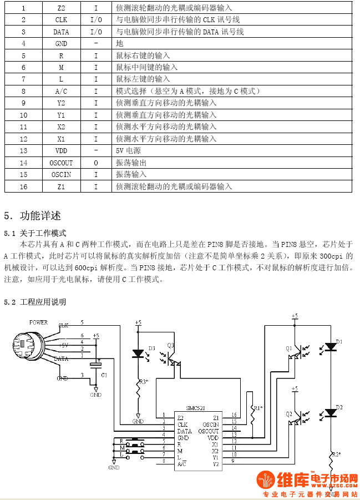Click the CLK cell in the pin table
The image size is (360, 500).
(x=61, y=20)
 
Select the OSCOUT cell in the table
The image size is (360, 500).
(x=61, y=163)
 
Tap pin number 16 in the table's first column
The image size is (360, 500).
(x=23, y=186)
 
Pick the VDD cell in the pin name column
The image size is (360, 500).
(x=61, y=151)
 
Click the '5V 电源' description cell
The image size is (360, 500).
(x=128, y=151)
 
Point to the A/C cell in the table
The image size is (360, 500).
(x=61, y=91)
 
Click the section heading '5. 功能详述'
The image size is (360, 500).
(x=33, y=216)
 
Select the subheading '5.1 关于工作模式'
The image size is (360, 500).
(x=35, y=233)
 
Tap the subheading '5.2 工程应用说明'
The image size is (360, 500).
(x=35, y=302)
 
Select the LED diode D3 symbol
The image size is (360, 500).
(x=138, y=352)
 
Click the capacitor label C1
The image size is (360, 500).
(x=104, y=375)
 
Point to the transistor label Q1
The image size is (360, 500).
(x=289, y=348)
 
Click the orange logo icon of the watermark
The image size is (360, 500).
(x=265, y=480)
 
